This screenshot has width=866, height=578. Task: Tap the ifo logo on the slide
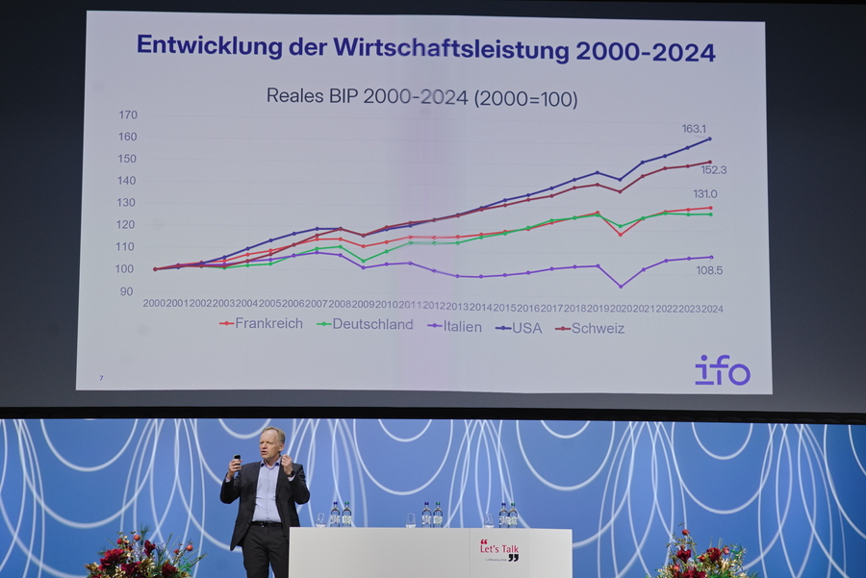(x=722, y=369)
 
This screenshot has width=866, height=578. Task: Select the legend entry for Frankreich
(x=262, y=324)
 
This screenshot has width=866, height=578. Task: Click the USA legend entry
(x=520, y=328)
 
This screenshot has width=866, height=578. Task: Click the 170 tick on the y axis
(x=128, y=114)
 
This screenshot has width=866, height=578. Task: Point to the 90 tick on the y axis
(x=127, y=290)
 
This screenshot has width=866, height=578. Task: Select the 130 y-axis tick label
(x=128, y=203)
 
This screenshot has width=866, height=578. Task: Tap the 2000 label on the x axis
(x=154, y=303)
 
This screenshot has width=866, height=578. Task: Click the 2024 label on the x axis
(x=712, y=308)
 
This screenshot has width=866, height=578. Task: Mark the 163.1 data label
(x=693, y=128)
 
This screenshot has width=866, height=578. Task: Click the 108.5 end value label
(x=710, y=271)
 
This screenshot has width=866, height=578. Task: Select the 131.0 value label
(x=705, y=194)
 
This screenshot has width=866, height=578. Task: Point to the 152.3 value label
(x=713, y=170)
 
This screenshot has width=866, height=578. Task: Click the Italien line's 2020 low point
(x=621, y=286)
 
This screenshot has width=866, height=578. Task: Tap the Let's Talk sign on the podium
(x=498, y=550)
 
